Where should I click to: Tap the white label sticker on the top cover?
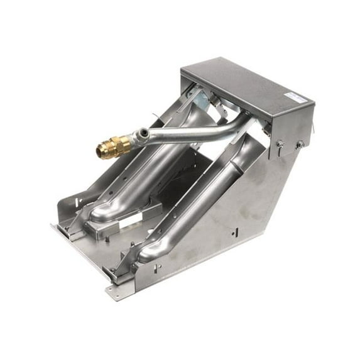point(293,95)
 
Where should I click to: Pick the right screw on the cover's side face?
point(301,145)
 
